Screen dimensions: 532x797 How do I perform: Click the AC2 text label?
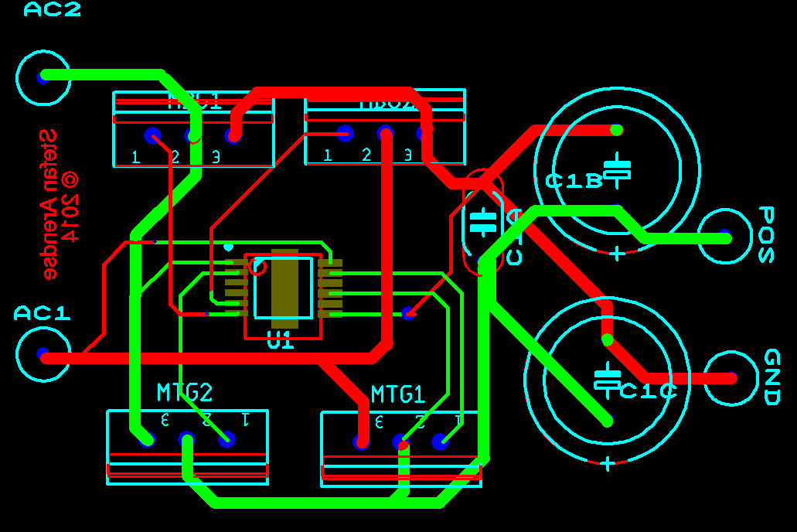point(53,9)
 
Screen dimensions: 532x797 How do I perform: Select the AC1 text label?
point(43,313)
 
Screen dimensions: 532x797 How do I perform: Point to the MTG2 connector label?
point(184,393)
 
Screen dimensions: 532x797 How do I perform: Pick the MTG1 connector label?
point(398,394)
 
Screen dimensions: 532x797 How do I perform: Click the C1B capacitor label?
point(574,182)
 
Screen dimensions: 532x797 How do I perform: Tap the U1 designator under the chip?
point(280,340)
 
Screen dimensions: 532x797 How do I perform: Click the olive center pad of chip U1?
point(284,288)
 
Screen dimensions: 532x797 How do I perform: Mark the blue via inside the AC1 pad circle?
point(43,355)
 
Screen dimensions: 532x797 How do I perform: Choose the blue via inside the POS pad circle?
point(724,235)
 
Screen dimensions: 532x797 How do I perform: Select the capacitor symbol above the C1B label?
point(617,170)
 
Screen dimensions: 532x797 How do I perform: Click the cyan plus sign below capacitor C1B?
point(617,253)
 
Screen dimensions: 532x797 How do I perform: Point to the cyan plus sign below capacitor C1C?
point(608,463)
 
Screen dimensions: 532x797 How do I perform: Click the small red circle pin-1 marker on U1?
point(258,268)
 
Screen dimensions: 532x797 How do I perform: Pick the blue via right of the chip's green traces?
point(407,313)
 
